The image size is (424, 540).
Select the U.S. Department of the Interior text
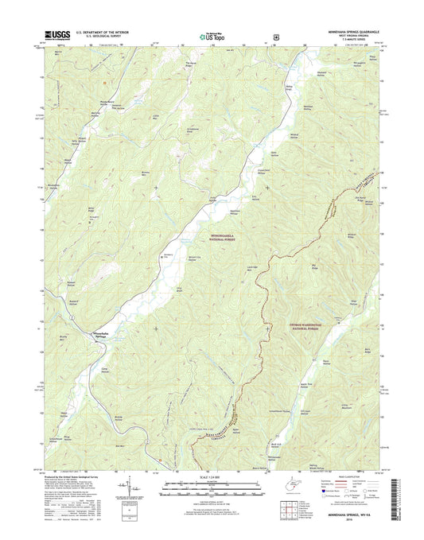pyautogui.click(x=102, y=31)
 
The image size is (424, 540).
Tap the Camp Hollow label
pyautogui.click(x=103, y=368)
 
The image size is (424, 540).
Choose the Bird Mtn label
pyautogui.click(x=119, y=447)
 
